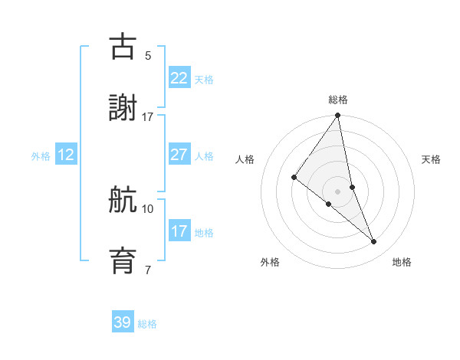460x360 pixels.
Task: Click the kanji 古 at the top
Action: pyautogui.click(x=123, y=47)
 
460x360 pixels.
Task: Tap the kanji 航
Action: pyautogui.click(x=123, y=201)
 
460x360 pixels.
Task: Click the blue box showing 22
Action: pyautogui.click(x=179, y=78)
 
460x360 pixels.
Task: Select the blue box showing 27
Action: pyautogui.click(x=179, y=155)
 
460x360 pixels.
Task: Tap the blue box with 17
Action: pyautogui.click(x=179, y=231)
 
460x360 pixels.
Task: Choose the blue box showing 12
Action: pyautogui.click(x=66, y=155)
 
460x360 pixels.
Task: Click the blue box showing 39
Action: pyautogui.click(x=122, y=322)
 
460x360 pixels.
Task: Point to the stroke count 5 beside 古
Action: pyautogui.click(x=148, y=56)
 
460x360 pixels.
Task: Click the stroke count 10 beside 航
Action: pyautogui.click(x=148, y=208)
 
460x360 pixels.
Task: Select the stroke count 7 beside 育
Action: pyautogui.click(x=148, y=270)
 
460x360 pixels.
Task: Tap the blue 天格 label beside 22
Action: pyautogui.click(x=204, y=79)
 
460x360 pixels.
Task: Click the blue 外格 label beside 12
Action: pyautogui.click(x=41, y=155)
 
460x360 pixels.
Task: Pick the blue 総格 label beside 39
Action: pyautogui.click(x=147, y=323)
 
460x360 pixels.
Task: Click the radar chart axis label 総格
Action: pyautogui.click(x=338, y=100)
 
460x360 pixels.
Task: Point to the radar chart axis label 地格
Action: pyautogui.click(x=402, y=262)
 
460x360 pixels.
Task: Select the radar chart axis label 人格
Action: pyautogui.click(x=245, y=159)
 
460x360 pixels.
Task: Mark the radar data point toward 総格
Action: pyautogui.click(x=338, y=116)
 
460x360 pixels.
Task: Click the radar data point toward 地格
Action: pyautogui.click(x=374, y=242)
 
